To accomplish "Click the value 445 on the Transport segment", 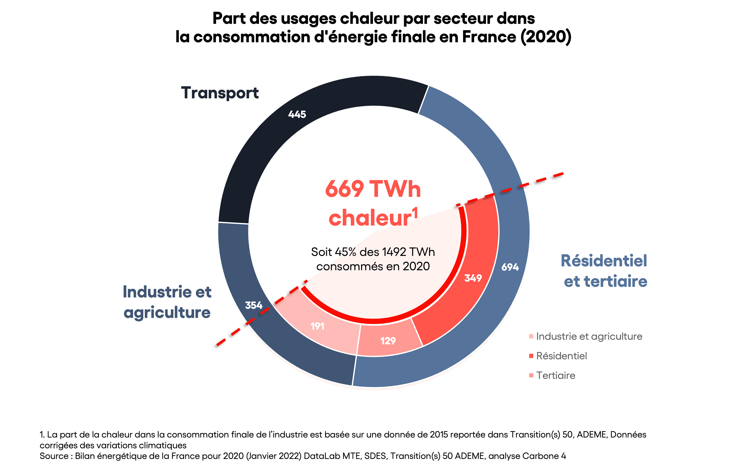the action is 297,114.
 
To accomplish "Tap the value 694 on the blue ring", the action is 510,267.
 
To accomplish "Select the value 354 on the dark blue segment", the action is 254,305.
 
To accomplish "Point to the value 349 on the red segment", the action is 473,278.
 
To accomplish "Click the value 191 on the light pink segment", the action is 318,326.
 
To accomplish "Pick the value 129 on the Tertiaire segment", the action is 388,341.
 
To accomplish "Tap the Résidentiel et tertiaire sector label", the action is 604,271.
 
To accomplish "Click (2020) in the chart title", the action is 546,37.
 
